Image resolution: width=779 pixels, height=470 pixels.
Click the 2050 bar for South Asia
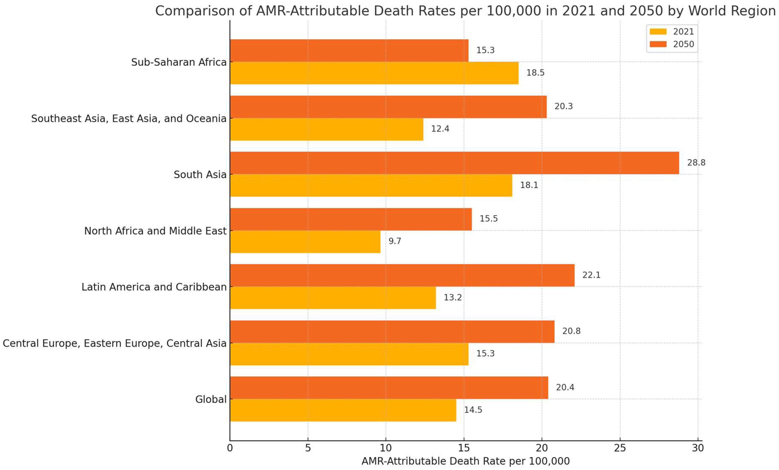[454, 163]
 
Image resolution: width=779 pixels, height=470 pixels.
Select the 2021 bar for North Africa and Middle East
[305, 242]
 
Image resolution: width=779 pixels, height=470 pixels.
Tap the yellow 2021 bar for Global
[343, 410]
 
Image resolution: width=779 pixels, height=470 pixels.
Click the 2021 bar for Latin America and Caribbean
[332, 298]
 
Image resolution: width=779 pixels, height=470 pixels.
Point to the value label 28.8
[696, 162]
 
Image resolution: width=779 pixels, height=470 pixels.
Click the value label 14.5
[473, 410]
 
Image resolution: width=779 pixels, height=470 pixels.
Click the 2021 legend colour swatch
[658, 32]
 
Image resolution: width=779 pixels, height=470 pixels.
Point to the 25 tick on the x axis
[620, 448]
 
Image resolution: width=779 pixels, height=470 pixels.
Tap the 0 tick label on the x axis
[230, 448]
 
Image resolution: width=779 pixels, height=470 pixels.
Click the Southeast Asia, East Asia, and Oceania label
[129, 119]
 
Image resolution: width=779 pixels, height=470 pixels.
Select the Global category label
[211, 399]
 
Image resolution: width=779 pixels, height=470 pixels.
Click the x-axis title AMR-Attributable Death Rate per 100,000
[465, 461]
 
